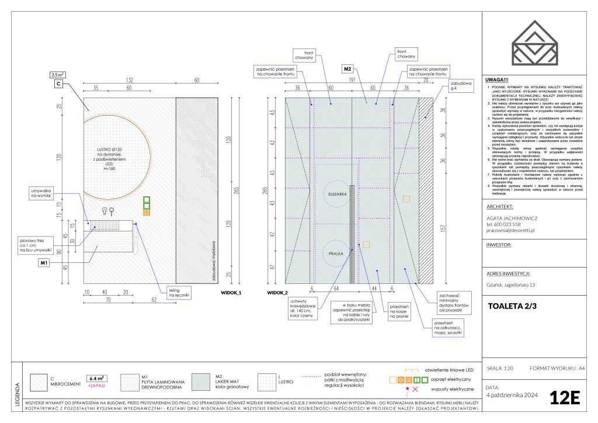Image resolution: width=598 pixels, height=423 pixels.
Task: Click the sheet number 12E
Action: tap(564, 398)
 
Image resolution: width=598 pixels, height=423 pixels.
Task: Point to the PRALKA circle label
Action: tap(336, 254)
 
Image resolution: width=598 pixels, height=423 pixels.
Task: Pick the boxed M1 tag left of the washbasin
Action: tap(44, 263)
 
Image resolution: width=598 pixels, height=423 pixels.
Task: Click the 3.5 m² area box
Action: tap(57, 75)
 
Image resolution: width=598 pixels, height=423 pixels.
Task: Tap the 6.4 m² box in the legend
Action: tap(96, 378)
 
